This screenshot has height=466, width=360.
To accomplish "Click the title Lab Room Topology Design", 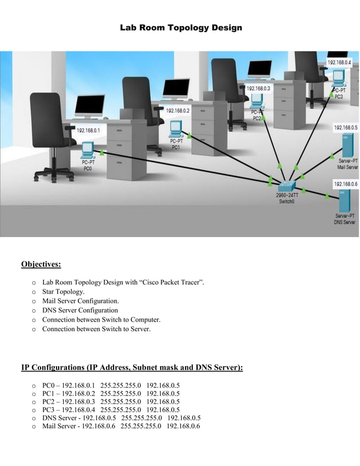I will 181,27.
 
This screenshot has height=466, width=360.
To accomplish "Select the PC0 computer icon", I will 87,150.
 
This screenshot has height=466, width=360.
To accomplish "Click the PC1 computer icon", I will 176,130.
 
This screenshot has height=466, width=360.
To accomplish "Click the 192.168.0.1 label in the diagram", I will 88,130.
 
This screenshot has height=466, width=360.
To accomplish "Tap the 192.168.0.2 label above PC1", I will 177,111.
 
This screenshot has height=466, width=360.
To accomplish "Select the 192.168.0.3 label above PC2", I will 258,89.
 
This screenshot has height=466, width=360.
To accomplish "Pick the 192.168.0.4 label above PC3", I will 339,62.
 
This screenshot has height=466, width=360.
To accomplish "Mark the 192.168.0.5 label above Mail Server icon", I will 345,128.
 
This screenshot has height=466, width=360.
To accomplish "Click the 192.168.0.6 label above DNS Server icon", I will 345,184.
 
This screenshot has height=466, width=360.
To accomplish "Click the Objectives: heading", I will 41,264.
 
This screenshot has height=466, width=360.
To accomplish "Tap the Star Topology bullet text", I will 63,292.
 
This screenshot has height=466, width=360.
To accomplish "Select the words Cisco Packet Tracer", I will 172,282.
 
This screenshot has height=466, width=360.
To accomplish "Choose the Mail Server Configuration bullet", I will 80,301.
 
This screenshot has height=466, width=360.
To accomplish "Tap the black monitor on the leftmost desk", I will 90,105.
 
